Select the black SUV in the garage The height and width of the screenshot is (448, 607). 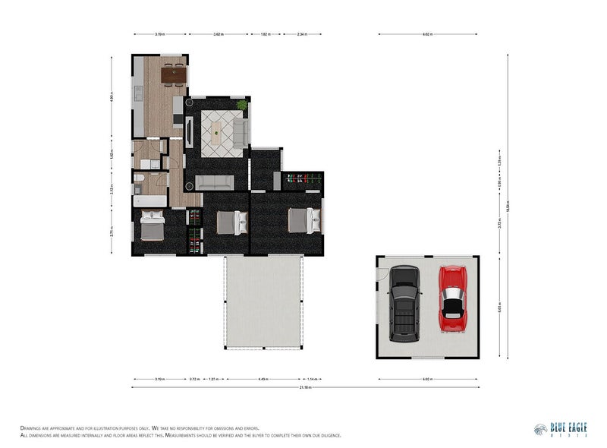click(404, 302)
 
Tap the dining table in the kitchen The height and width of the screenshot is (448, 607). click(173, 74)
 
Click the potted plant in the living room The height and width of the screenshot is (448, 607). click(242, 105)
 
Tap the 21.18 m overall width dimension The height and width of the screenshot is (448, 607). click(305, 388)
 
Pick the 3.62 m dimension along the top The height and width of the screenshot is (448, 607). click(218, 34)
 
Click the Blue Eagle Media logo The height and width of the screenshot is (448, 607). click(561, 430)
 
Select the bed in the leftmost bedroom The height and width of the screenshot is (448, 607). click(152, 226)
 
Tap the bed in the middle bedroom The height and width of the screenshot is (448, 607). click(231, 222)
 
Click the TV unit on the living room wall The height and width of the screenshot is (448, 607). click(189, 133)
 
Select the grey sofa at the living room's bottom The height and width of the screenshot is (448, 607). click(214, 182)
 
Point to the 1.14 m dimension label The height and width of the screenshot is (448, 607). click(313, 378)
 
